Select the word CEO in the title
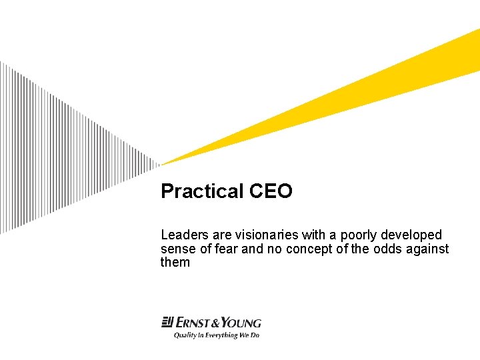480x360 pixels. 271,192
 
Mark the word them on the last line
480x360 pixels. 175,263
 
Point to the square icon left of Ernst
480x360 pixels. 167,323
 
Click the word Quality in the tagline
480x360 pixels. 186,335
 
